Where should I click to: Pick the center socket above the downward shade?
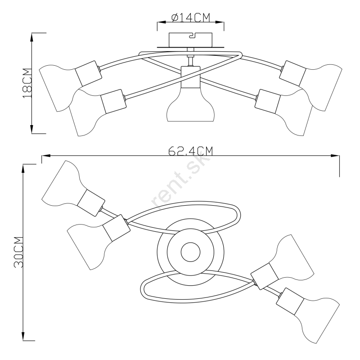click(x=189, y=77)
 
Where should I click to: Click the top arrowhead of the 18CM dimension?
click(x=32, y=36)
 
